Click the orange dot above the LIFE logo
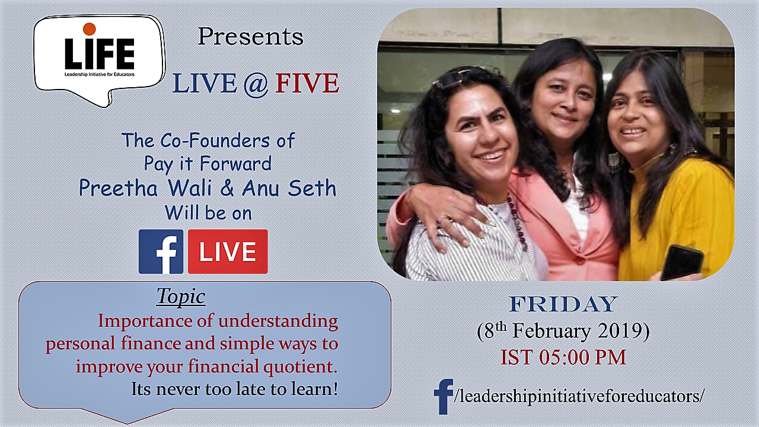(x=89, y=29)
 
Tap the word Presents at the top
(x=250, y=37)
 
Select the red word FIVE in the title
(x=307, y=84)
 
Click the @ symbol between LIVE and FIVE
(x=256, y=84)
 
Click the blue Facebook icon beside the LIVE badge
(x=161, y=251)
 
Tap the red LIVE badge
(x=228, y=251)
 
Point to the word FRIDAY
(x=563, y=304)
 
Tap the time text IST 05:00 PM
(x=563, y=357)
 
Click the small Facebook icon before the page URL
(x=443, y=397)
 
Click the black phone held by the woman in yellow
(x=682, y=262)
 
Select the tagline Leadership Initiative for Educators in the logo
(x=100, y=74)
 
